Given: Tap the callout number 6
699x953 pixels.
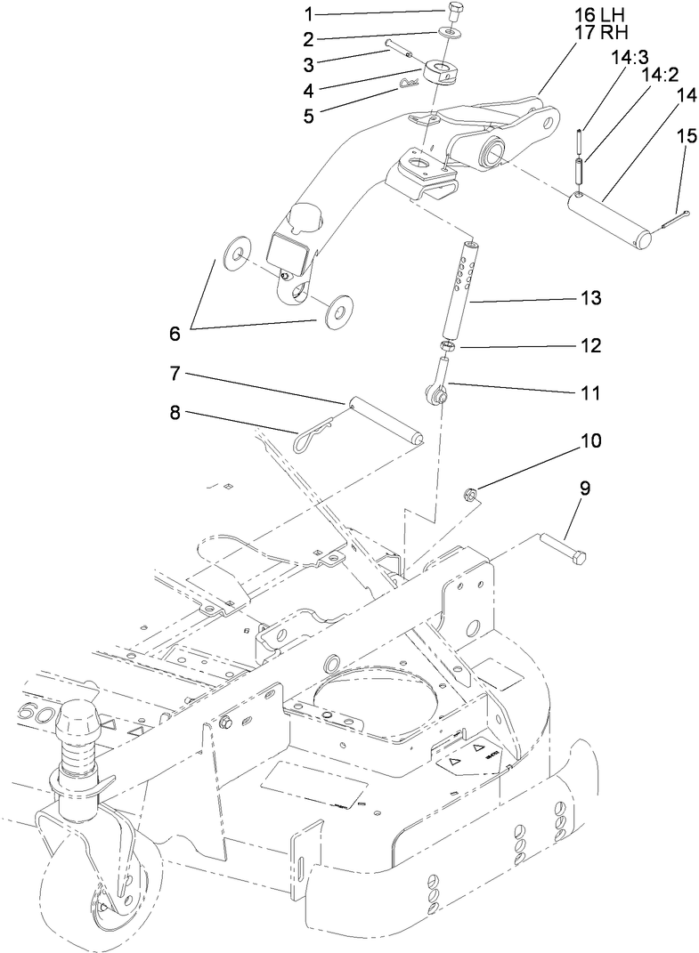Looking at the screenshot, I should [174, 334].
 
